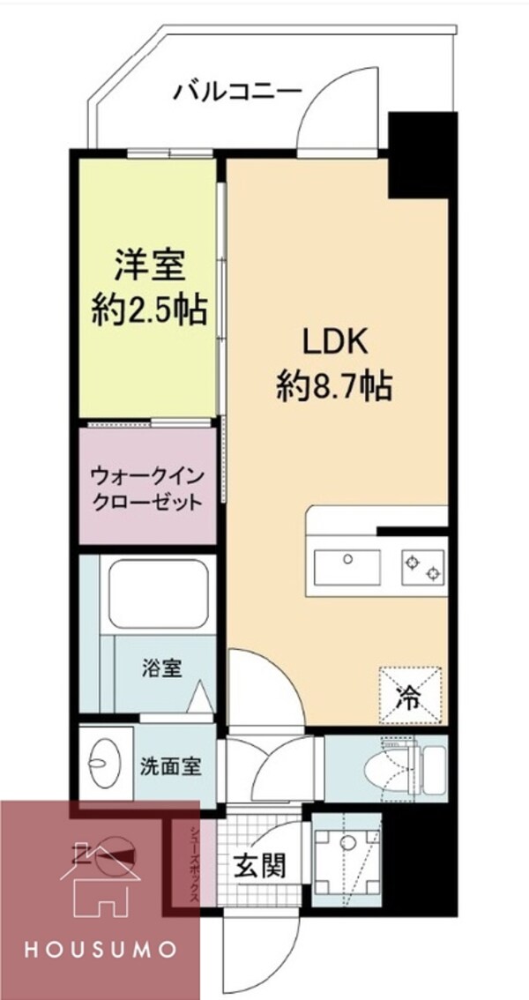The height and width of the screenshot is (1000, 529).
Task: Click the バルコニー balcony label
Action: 238,90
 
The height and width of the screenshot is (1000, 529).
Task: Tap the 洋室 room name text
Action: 151,264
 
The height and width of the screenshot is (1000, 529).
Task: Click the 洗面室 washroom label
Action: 171,765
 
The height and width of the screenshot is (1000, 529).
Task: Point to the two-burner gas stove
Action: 421,565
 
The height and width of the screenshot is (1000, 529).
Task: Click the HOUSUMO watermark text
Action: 101,950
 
